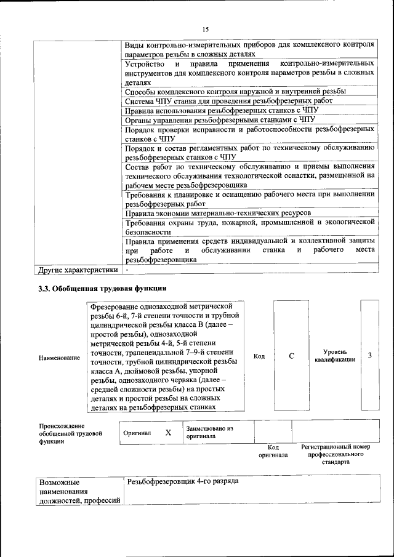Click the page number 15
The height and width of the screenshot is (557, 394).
tap(206, 29)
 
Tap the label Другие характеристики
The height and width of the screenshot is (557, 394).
tap(78, 270)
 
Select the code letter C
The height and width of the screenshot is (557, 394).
tap(292, 356)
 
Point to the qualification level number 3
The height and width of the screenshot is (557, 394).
tap(369, 356)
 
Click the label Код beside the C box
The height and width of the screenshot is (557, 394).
tap(259, 357)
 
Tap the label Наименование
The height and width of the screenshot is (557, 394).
tap(59, 358)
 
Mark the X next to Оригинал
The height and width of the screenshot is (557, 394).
tap(168, 433)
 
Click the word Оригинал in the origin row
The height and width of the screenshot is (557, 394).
tap(137, 433)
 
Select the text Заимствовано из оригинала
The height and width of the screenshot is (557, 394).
tap(209, 432)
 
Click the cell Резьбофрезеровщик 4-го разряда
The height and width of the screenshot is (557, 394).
tap(182, 481)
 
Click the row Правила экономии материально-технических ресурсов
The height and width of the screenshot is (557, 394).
tap(218, 212)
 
